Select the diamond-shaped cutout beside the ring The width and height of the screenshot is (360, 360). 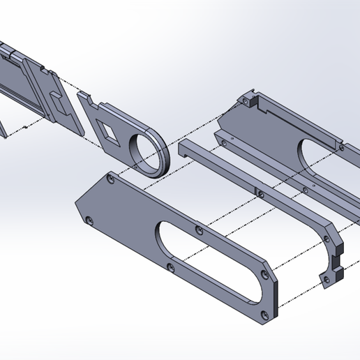pyautogui.click(x=110, y=128)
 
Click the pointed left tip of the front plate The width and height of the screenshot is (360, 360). pyautogui.click(x=77, y=204)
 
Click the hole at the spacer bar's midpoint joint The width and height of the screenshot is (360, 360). pyautogui.click(x=258, y=193)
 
